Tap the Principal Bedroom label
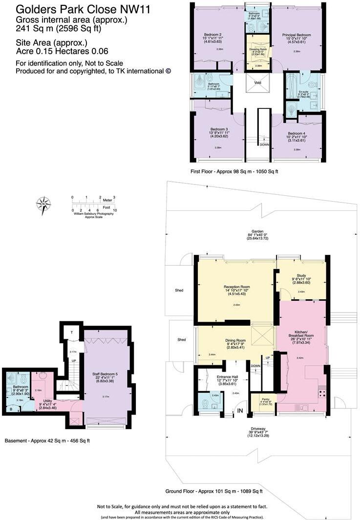(x=296, y=35)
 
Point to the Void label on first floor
(x=258, y=83)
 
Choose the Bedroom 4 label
(x=296, y=133)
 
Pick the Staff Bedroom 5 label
(x=106, y=374)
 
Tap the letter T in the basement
(x=72, y=332)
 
